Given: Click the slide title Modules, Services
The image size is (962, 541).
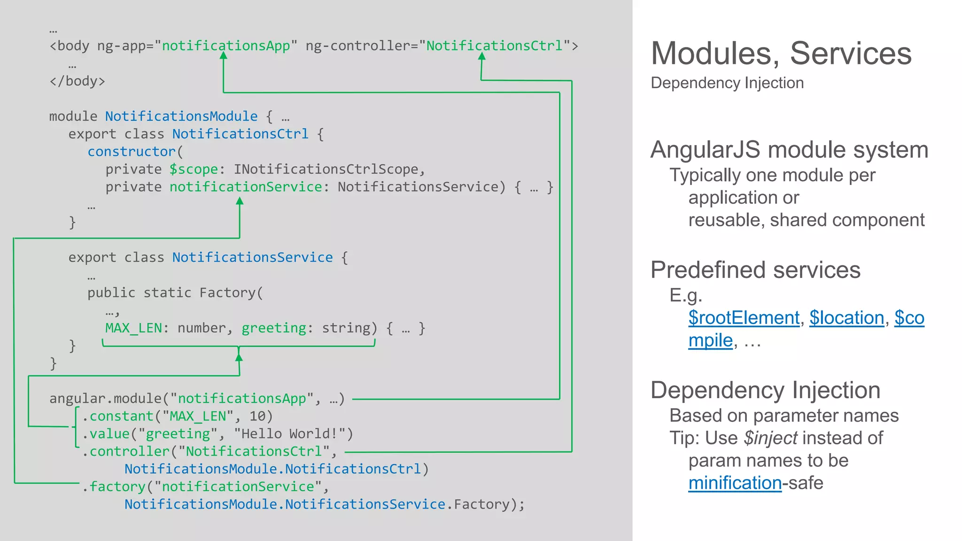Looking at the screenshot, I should point(781,53).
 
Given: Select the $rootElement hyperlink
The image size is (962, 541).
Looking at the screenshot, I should point(744,318).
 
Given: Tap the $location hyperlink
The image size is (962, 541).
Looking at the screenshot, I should point(846,318).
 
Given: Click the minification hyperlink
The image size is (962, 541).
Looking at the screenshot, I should point(735,483).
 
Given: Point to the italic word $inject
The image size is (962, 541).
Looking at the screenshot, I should point(770,438).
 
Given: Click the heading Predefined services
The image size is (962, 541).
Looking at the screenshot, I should point(755,270).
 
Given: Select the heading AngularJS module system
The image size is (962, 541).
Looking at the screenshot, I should point(789,150).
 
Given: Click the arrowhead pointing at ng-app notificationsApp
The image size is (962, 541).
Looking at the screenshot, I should point(224,56).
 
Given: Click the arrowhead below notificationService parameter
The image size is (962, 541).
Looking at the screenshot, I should point(240,201).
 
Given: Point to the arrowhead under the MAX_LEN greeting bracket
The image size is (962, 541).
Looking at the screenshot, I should point(239,357).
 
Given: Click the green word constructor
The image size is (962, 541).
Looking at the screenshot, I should point(132,152).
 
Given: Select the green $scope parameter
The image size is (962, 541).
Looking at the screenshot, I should point(194,170).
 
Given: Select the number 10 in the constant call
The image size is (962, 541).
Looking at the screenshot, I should point(257,417).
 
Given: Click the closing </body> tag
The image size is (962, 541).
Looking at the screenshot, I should point(77,81).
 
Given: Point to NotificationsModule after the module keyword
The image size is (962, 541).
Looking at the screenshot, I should point(181,116).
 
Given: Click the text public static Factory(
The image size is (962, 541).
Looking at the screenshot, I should point(175,293).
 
